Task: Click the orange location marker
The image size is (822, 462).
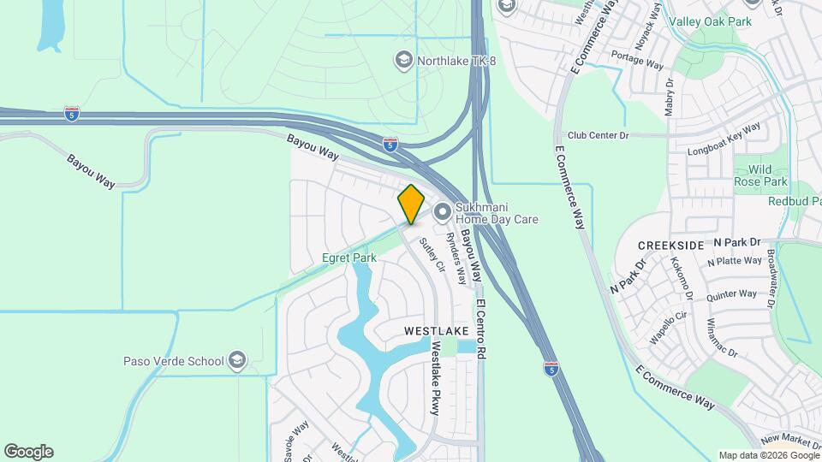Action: [411, 204]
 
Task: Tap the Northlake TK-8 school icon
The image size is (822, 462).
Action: [402, 60]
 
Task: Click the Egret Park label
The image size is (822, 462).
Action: [348, 258]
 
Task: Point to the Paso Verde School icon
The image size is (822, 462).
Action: [237, 362]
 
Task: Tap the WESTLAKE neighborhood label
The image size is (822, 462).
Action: [437, 330]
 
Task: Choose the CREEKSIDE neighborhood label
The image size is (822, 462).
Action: [671, 246]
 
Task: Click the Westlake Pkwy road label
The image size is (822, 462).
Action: [435, 378]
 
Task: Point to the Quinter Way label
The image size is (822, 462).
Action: [732, 294]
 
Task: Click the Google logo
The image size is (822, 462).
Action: [28, 452]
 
